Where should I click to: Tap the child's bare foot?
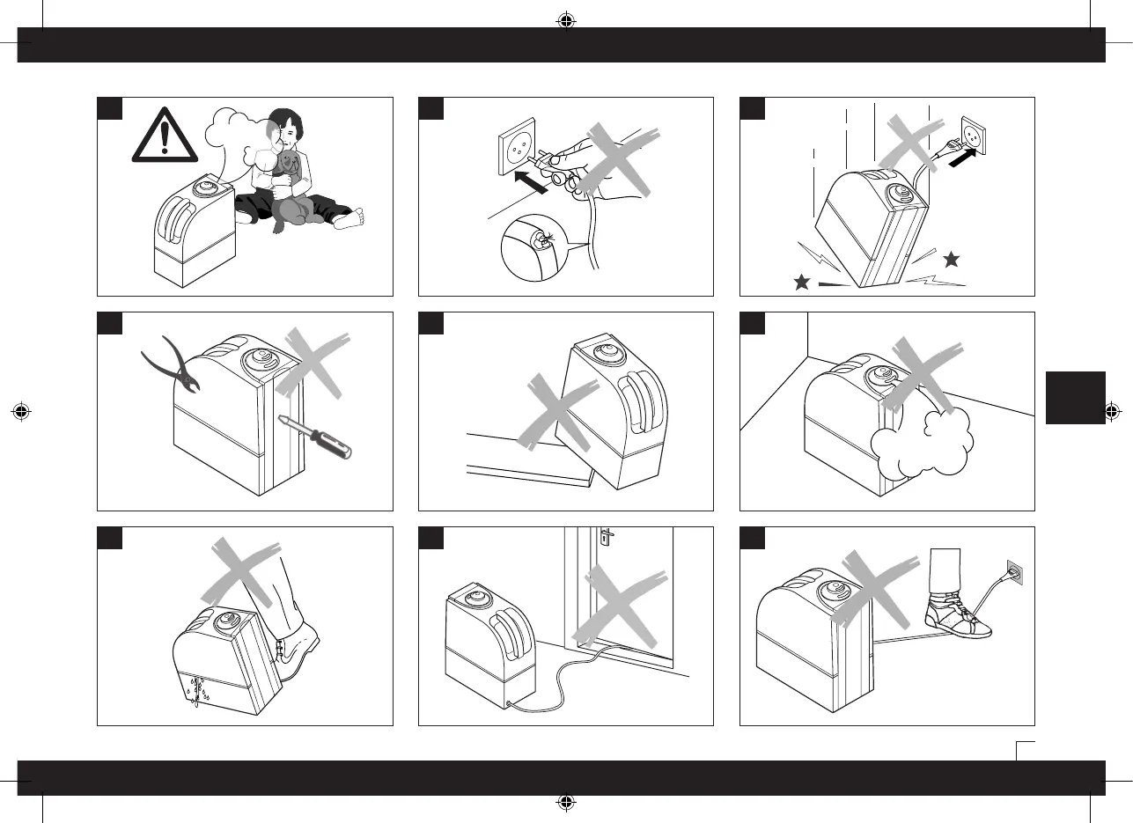coord(349,217)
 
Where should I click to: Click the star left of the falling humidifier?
coord(801,282)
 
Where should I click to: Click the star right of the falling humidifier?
coord(950,259)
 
